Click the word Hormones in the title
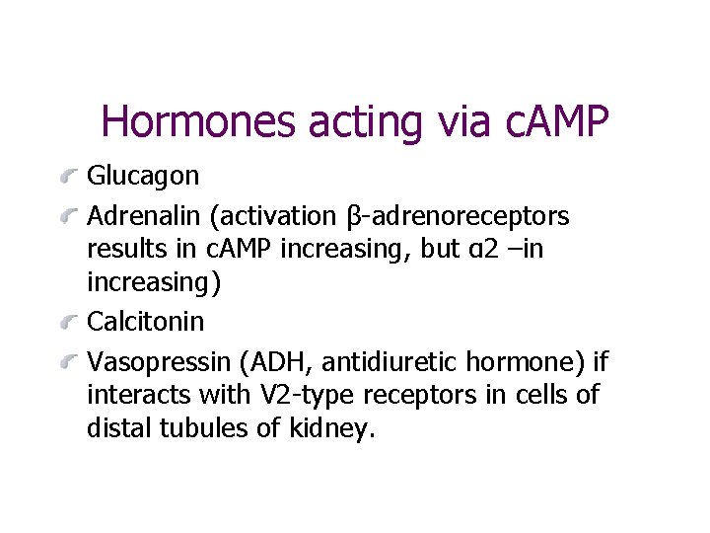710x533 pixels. point(199,122)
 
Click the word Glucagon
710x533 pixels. point(143,177)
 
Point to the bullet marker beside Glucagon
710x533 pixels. point(69,179)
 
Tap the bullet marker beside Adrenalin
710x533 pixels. point(69,216)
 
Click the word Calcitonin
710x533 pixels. point(146,321)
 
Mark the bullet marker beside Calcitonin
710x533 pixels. point(69,323)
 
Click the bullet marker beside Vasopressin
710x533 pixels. point(69,360)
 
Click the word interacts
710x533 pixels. point(134,395)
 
